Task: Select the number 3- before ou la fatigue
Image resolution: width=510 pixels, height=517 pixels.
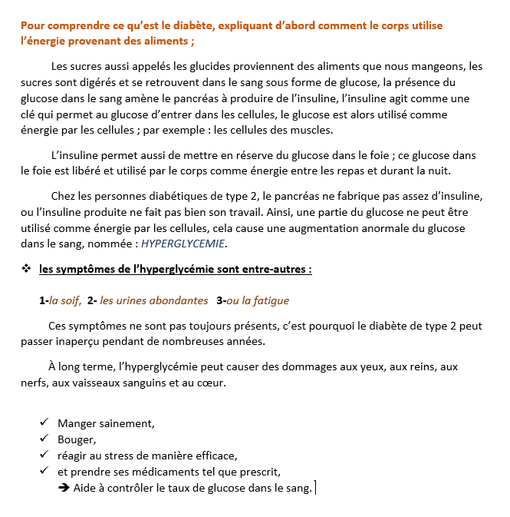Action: (x=222, y=300)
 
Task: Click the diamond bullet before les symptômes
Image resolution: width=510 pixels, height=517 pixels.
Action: (x=26, y=269)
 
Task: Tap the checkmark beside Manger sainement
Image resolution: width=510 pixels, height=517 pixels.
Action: (x=44, y=423)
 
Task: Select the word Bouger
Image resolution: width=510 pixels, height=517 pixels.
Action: (x=77, y=439)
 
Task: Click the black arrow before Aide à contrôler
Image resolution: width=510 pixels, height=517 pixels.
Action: (x=64, y=488)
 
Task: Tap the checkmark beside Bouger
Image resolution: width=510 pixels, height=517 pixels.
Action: (x=44, y=439)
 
